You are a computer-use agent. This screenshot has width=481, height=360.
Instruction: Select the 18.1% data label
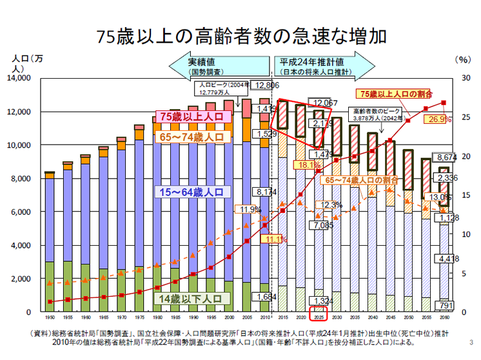coord(302,165)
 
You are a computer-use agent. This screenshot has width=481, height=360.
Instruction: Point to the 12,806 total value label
coord(267,85)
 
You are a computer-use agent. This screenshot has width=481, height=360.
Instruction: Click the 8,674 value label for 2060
coord(446,157)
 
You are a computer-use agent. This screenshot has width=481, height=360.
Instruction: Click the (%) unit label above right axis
coord(463,59)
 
